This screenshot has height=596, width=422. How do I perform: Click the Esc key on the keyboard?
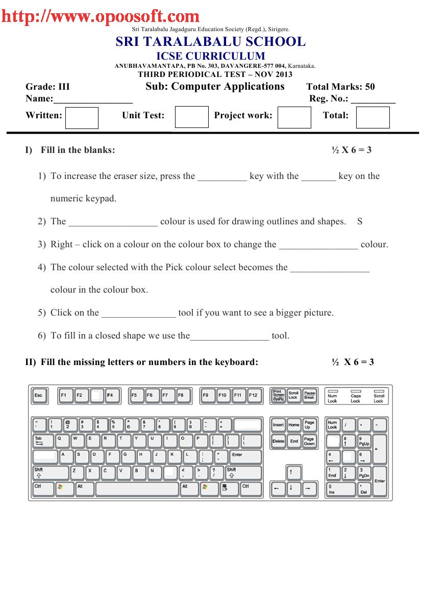click(38, 396)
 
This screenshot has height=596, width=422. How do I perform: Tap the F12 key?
click(254, 396)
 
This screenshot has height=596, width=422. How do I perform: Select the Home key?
click(294, 425)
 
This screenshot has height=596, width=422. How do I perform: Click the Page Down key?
click(309, 441)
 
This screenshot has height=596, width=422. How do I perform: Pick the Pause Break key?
click(310, 396)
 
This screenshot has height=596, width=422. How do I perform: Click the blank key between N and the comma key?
click(169, 472)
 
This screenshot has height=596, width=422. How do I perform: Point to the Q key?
click(61, 440)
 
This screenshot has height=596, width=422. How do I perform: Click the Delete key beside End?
click(279, 441)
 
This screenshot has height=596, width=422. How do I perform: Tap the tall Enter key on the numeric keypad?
click(379, 480)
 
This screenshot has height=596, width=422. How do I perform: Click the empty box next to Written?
click(82, 117)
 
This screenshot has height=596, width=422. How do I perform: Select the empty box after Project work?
click(294, 117)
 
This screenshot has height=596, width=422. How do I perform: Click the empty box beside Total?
click(373, 117)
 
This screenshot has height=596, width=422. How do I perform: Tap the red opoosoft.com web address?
click(100, 17)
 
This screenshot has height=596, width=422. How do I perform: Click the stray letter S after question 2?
click(360, 221)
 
